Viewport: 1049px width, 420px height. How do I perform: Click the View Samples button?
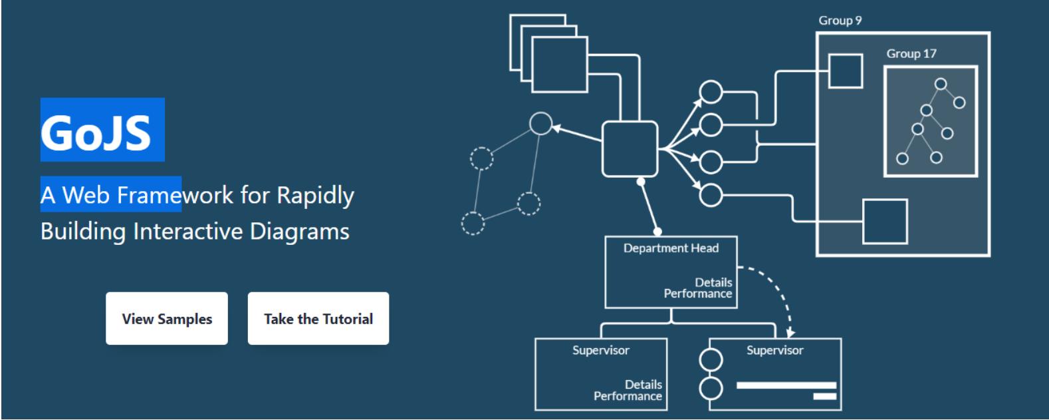point(166,319)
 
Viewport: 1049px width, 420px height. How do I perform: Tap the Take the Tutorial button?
point(318,319)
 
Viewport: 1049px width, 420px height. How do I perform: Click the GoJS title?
point(97,131)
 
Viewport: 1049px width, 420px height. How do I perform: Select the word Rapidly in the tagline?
point(315,196)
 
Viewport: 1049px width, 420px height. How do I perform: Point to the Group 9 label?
point(840,21)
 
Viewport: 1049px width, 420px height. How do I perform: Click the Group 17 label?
point(911,54)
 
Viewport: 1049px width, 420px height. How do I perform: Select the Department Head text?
point(671,248)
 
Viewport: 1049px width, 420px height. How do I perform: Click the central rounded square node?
point(630,149)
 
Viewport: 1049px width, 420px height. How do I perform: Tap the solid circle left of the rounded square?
point(540,123)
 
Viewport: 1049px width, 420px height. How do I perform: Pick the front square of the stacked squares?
point(560,64)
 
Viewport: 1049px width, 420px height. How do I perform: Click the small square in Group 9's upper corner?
point(846,71)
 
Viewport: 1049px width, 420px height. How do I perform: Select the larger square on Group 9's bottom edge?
point(885,222)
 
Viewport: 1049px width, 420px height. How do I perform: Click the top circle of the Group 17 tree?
point(941,85)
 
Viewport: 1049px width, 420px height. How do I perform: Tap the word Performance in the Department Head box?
point(697,294)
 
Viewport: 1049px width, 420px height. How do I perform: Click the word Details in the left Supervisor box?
point(643,385)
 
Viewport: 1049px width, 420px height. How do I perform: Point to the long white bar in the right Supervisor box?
point(786,385)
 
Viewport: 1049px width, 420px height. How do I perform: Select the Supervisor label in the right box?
point(774,350)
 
